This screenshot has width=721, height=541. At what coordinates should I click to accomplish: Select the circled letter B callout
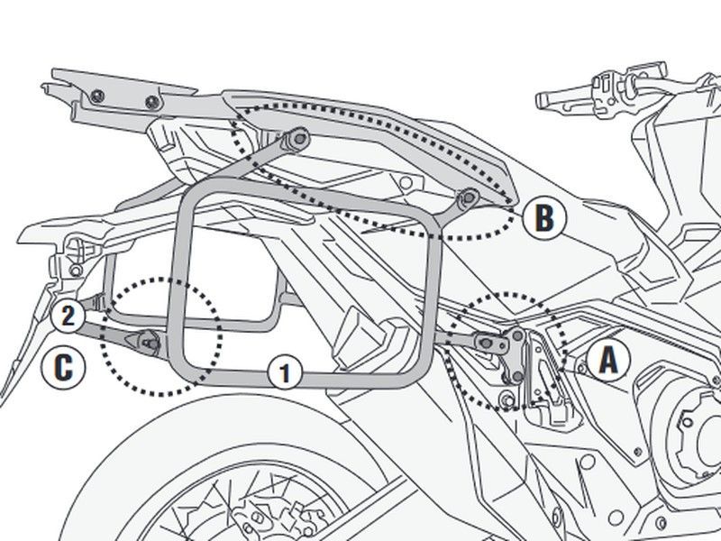(544, 218)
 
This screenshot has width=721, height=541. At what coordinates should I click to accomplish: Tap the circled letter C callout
(63, 367)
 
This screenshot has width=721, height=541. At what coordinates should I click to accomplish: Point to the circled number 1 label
(285, 372)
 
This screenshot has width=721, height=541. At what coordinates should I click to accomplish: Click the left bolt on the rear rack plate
(97, 96)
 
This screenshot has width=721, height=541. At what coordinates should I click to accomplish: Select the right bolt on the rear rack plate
(152, 102)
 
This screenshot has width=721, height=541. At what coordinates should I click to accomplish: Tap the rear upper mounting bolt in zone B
(300, 138)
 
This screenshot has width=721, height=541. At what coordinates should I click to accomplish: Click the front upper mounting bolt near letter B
(468, 198)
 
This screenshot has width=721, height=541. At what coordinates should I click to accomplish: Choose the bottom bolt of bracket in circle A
(516, 376)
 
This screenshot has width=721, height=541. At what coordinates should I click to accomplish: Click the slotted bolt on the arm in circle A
(487, 343)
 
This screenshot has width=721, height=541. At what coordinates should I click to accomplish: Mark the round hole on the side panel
(406, 183)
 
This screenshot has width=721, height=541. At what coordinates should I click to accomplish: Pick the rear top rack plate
(121, 100)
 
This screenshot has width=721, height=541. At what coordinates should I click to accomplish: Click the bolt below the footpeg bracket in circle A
(508, 399)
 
